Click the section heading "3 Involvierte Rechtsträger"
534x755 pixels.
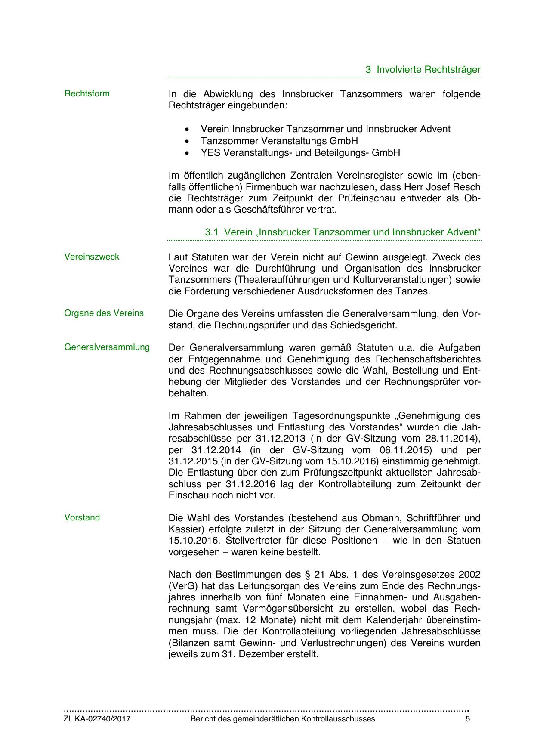[x=423, y=69]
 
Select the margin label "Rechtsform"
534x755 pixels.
[x=87, y=93]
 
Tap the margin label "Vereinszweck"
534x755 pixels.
[x=92, y=257]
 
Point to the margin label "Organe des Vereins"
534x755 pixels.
[x=104, y=313]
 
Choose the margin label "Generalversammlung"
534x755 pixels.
[x=107, y=347]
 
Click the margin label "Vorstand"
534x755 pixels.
[x=82, y=517]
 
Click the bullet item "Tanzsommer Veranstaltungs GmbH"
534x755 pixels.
[x=279, y=141]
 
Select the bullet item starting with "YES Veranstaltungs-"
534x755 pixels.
[x=300, y=152]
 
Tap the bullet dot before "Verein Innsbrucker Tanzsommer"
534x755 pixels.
[x=186, y=129]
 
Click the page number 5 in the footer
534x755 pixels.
[x=468, y=718]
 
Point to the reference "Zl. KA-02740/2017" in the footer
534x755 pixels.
[x=97, y=718]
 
